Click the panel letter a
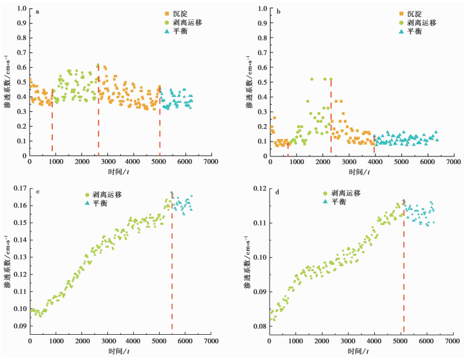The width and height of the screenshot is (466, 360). (37, 12)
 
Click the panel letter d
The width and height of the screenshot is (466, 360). (277, 192)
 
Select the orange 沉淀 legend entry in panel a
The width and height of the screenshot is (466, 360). (176, 14)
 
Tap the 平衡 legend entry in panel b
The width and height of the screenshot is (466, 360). (410, 31)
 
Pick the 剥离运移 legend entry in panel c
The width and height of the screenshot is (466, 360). (103, 195)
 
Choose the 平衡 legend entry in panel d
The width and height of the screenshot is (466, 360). (334, 202)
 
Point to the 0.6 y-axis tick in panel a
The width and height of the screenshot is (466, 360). (22, 67)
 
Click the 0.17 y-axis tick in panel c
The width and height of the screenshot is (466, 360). (20, 188)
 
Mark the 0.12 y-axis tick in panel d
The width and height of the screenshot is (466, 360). (260, 189)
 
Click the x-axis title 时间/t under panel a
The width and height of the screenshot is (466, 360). (118, 171)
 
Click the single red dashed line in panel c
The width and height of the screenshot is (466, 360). (172, 262)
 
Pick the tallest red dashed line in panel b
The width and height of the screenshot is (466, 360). (331, 117)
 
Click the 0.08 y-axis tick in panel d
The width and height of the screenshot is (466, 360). (260, 326)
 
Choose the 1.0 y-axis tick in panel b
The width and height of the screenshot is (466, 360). (262, 8)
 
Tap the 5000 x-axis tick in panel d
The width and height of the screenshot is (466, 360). (401, 341)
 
